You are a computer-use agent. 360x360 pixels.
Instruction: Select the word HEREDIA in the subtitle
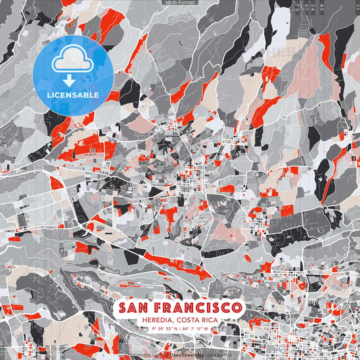[153, 319]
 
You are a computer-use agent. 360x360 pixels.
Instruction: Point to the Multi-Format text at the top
[180, 3]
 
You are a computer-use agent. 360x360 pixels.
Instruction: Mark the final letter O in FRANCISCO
[236, 308]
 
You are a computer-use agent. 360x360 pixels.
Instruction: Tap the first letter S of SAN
[123, 308]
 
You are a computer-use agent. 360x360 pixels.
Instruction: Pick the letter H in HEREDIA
[138, 319]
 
